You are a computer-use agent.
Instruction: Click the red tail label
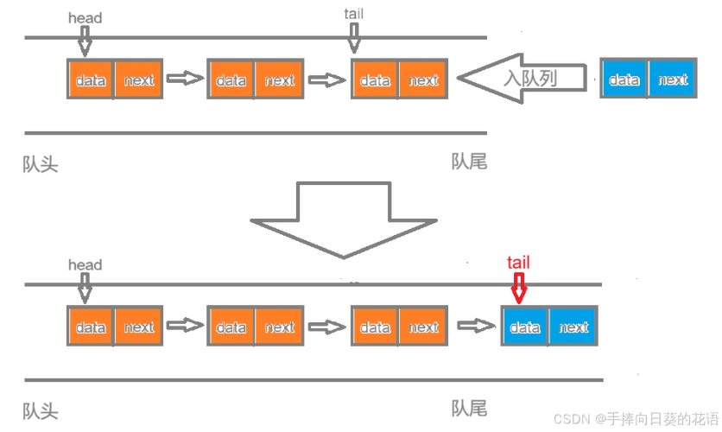pos(518,263)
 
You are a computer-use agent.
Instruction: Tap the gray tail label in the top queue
pos(353,14)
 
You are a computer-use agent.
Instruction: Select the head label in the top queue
pos(85,18)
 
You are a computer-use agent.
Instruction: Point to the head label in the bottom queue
pos(85,265)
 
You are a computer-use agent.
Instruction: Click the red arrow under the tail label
pos(519,289)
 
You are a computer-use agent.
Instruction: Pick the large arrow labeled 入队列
pos(522,79)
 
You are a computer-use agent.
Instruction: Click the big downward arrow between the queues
pos(344,220)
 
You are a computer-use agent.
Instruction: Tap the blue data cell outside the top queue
pos(624,79)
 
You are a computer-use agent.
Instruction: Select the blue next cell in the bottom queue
pos(573,326)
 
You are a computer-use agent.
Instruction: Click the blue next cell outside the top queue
pos(672,79)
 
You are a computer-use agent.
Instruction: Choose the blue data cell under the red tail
pos(525,326)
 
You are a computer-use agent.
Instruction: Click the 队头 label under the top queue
pos(41,164)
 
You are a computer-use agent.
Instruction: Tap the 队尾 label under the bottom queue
pos(469,409)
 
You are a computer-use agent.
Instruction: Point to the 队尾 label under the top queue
pos(469,162)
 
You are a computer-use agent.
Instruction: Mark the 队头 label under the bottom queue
pos(41,411)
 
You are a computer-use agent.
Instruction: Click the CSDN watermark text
pos(636,419)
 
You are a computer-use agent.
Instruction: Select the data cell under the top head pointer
pos(91,79)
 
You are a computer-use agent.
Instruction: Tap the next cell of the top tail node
pos(423,79)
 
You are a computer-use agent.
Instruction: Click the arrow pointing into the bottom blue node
pos(476,326)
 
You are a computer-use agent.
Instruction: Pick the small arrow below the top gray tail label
pos(353,38)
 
